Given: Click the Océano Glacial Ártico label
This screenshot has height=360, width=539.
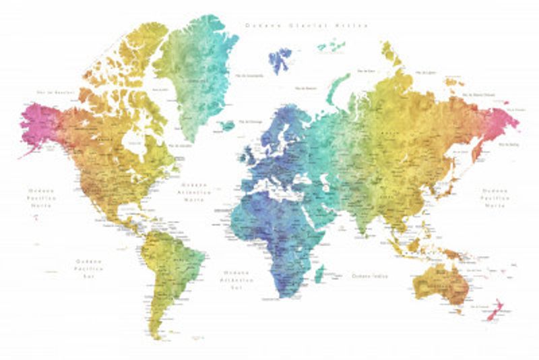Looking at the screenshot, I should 307,26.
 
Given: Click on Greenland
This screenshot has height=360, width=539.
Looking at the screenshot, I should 199,74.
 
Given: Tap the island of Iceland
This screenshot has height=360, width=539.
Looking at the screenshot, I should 227,125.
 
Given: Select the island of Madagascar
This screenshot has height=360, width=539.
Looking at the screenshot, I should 319,273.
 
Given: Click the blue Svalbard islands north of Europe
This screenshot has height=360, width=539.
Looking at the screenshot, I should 280,59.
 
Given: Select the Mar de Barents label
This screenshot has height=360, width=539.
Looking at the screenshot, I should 307,88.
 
